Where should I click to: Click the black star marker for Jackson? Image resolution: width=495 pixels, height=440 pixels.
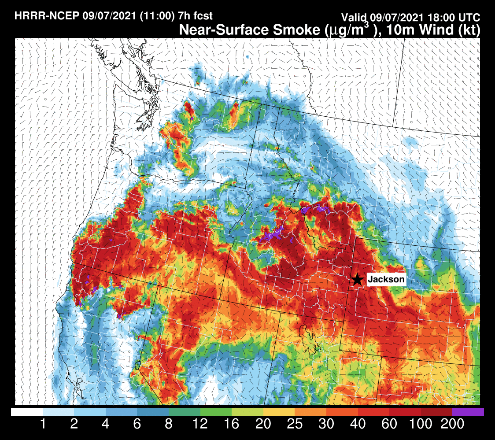[x=358, y=279]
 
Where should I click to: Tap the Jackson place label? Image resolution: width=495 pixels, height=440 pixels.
[x=386, y=279]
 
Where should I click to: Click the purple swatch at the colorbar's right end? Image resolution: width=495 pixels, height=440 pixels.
[x=468, y=412]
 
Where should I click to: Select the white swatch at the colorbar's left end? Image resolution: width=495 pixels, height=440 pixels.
[x=27, y=412]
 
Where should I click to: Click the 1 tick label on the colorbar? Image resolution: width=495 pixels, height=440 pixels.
[x=43, y=424]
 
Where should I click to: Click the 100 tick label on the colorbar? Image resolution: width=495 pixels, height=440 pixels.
[x=421, y=424]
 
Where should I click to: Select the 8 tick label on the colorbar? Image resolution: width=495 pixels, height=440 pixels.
[x=169, y=424]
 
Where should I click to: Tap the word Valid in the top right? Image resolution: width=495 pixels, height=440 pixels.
[x=355, y=18]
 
